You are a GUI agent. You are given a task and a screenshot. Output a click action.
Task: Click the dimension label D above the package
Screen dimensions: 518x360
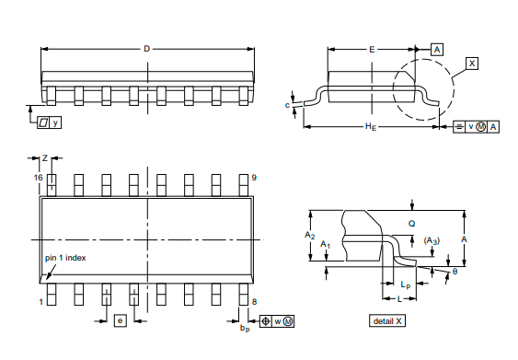[x=146, y=49]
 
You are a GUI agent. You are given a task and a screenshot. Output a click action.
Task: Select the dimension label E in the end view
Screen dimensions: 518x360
[x=372, y=50]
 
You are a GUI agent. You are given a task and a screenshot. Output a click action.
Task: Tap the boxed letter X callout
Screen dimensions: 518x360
[x=472, y=64]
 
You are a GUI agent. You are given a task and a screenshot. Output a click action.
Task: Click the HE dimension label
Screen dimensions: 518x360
[x=371, y=127]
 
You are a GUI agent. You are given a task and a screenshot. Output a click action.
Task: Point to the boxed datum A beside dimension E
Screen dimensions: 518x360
[x=437, y=50]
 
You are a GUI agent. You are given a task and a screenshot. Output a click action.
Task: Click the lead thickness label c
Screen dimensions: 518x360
[x=287, y=105]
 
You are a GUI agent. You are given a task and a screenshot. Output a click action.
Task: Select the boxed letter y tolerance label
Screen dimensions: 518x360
[x=55, y=122]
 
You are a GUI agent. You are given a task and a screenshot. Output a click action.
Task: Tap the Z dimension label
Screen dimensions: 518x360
[x=45, y=158]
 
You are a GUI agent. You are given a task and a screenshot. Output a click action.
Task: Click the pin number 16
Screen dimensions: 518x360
[x=38, y=178]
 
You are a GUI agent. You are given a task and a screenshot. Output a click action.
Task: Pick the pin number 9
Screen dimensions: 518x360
[x=254, y=178]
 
